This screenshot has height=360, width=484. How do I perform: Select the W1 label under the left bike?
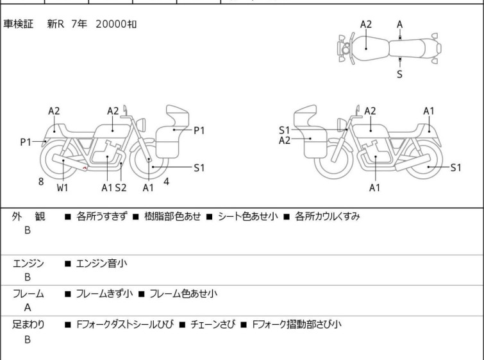(x=62, y=187)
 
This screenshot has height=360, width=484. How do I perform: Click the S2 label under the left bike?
(x=121, y=187)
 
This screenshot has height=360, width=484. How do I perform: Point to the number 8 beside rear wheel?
(x=41, y=182)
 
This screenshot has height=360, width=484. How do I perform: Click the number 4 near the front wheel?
(x=166, y=182)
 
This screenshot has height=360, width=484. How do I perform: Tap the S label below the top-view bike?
(x=399, y=74)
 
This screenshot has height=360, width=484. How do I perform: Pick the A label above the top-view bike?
(x=399, y=24)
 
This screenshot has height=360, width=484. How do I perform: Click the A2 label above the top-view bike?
(x=365, y=24)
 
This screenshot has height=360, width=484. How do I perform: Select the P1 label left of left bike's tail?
(x=26, y=142)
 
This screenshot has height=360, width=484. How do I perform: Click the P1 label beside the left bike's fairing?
(x=199, y=130)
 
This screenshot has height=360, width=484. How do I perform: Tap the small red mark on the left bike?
(x=85, y=168)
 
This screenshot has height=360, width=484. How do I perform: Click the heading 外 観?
(x=28, y=217)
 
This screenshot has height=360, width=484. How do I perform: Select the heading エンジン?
(x=28, y=263)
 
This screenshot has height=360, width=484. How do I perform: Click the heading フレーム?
(x=28, y=294)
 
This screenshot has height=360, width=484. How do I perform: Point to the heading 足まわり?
(x=28, y=325)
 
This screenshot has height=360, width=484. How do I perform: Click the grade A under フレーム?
(x=28, y=307)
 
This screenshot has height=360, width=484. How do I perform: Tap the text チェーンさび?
(x=212, y=325)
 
